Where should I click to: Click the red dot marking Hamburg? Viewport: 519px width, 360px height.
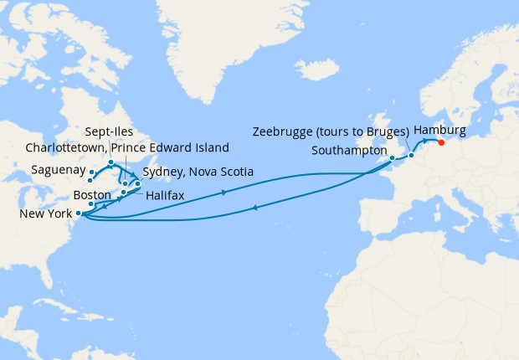(441, 141)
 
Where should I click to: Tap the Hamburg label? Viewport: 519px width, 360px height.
(439, 130)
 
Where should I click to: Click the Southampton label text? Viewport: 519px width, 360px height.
(348, 152)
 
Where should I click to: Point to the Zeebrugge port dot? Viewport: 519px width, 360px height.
(411, 155)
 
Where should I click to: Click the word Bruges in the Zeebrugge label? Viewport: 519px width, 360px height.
(383, 131)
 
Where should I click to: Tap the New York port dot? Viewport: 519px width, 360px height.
(78, 213)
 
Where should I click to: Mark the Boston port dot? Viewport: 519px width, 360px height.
(90, 204)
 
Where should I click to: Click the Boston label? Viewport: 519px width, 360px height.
(92, 194)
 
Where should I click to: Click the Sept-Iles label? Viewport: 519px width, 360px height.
(109, 131)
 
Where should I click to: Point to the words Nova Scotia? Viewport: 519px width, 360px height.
(222, 172)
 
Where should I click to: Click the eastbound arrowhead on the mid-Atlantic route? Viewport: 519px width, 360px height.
(224, 193)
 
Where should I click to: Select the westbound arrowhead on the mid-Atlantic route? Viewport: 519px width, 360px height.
(253, 208)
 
